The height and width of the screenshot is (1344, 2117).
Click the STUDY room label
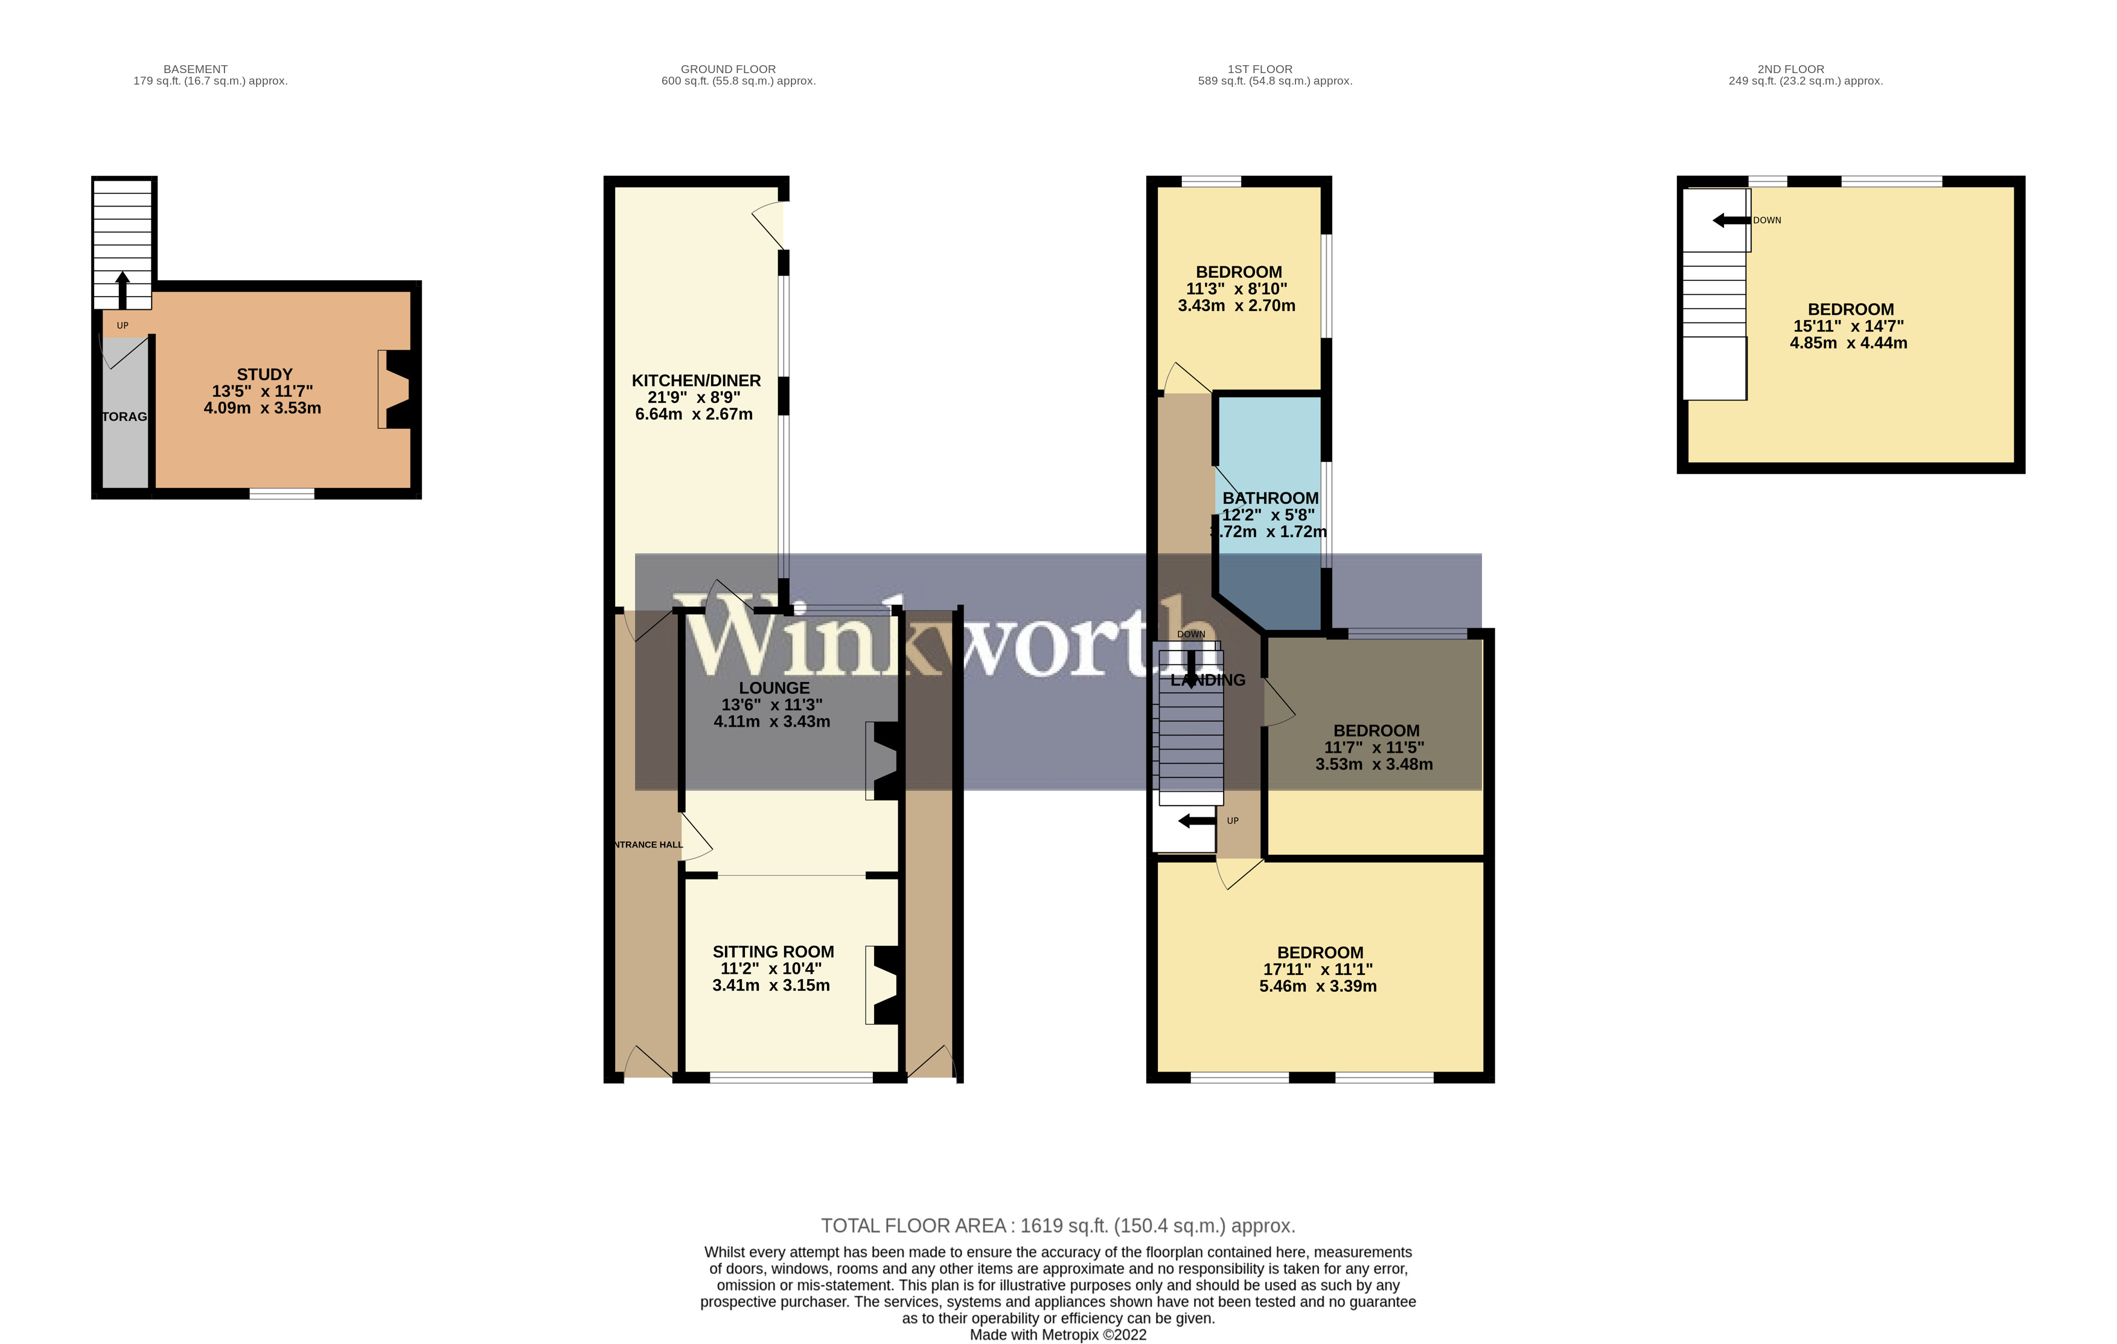pos(264,375)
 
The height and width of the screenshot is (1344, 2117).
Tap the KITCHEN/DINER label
pos(695,381)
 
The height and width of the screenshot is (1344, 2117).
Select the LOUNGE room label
pos(774,688)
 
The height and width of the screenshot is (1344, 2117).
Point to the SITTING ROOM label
pos(773,952)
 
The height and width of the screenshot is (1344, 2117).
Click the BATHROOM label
pos(1269,498)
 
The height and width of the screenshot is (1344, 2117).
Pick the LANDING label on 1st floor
pos(1208,680)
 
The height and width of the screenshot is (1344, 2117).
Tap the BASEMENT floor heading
pos(195,69)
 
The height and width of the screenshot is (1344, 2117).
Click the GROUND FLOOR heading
pos(728,69)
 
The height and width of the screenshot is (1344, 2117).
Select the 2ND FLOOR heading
pos(1791,69)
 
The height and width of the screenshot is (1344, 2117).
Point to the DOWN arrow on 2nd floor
pos(1730,220)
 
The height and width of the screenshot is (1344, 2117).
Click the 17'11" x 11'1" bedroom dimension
pos(1318,969)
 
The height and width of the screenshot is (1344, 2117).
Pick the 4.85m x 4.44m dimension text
pos(1848,343)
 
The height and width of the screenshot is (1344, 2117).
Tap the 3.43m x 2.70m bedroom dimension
pos(1236,306)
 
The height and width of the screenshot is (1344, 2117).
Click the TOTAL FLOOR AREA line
pos(1058,1226)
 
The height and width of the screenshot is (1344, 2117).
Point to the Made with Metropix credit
pos(1058,1335)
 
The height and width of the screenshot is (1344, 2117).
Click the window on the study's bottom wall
pos(281,494)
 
